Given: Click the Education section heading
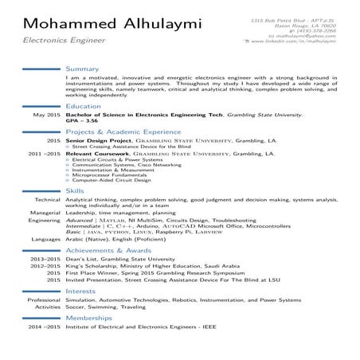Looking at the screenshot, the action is (x=84, y=105).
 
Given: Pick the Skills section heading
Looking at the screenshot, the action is (x=76, y=191).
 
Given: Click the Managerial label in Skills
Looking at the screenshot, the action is (x=45, y=212).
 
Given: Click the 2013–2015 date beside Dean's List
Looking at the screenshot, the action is (x=45, y=259).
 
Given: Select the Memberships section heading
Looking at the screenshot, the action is (x=89, y=318).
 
